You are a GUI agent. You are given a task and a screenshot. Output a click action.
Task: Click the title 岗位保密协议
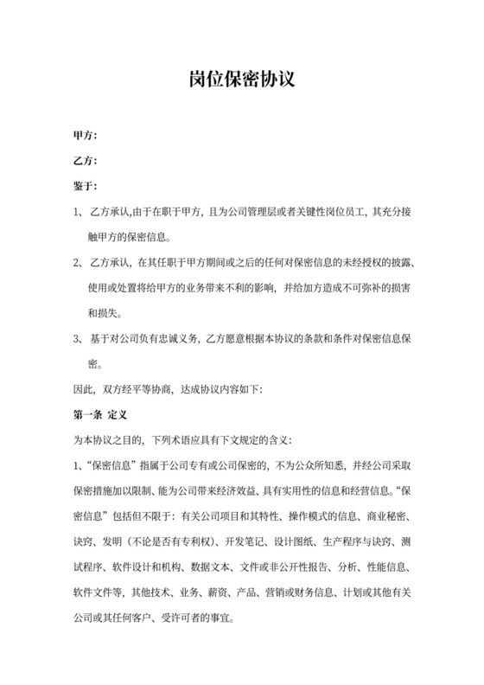pos(242,81)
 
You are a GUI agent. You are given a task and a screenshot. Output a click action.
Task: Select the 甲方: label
pos(85,135)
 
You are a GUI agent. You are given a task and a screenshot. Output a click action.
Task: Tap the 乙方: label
pos(85,160)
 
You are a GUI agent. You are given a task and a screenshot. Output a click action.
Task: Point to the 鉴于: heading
pos(85,185)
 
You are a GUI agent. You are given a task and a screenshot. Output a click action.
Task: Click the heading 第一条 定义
pos(100,415)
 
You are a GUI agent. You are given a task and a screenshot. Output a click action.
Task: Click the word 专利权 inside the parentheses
pos(198,542)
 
